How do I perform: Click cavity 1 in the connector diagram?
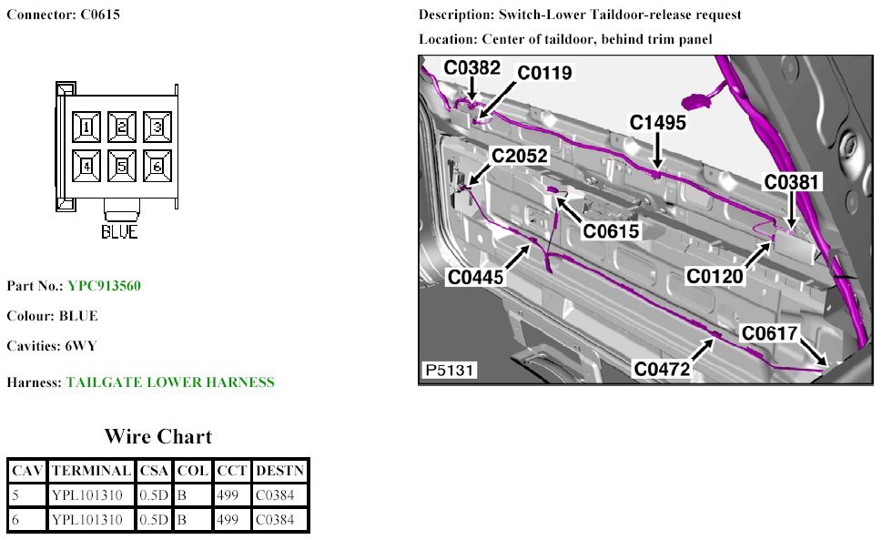[86, 127]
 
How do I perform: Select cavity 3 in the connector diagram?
[157, 127]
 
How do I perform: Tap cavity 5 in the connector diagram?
[122, 166]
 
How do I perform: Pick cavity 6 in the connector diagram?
[157, 166]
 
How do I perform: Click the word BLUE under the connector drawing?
[119, 232]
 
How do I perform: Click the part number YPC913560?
[104, 286]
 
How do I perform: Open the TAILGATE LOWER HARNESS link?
[169, 382]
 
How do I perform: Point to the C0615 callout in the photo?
[612, 231]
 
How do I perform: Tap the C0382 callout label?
[471, 67]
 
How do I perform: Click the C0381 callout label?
[792, 183]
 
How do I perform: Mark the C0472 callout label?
[663, 369]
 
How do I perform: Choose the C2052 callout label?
[521, 157]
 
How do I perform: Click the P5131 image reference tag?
[448, 371]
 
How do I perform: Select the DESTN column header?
[280, 471]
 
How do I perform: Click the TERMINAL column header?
[90, 471]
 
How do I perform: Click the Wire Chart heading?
[157, 436]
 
